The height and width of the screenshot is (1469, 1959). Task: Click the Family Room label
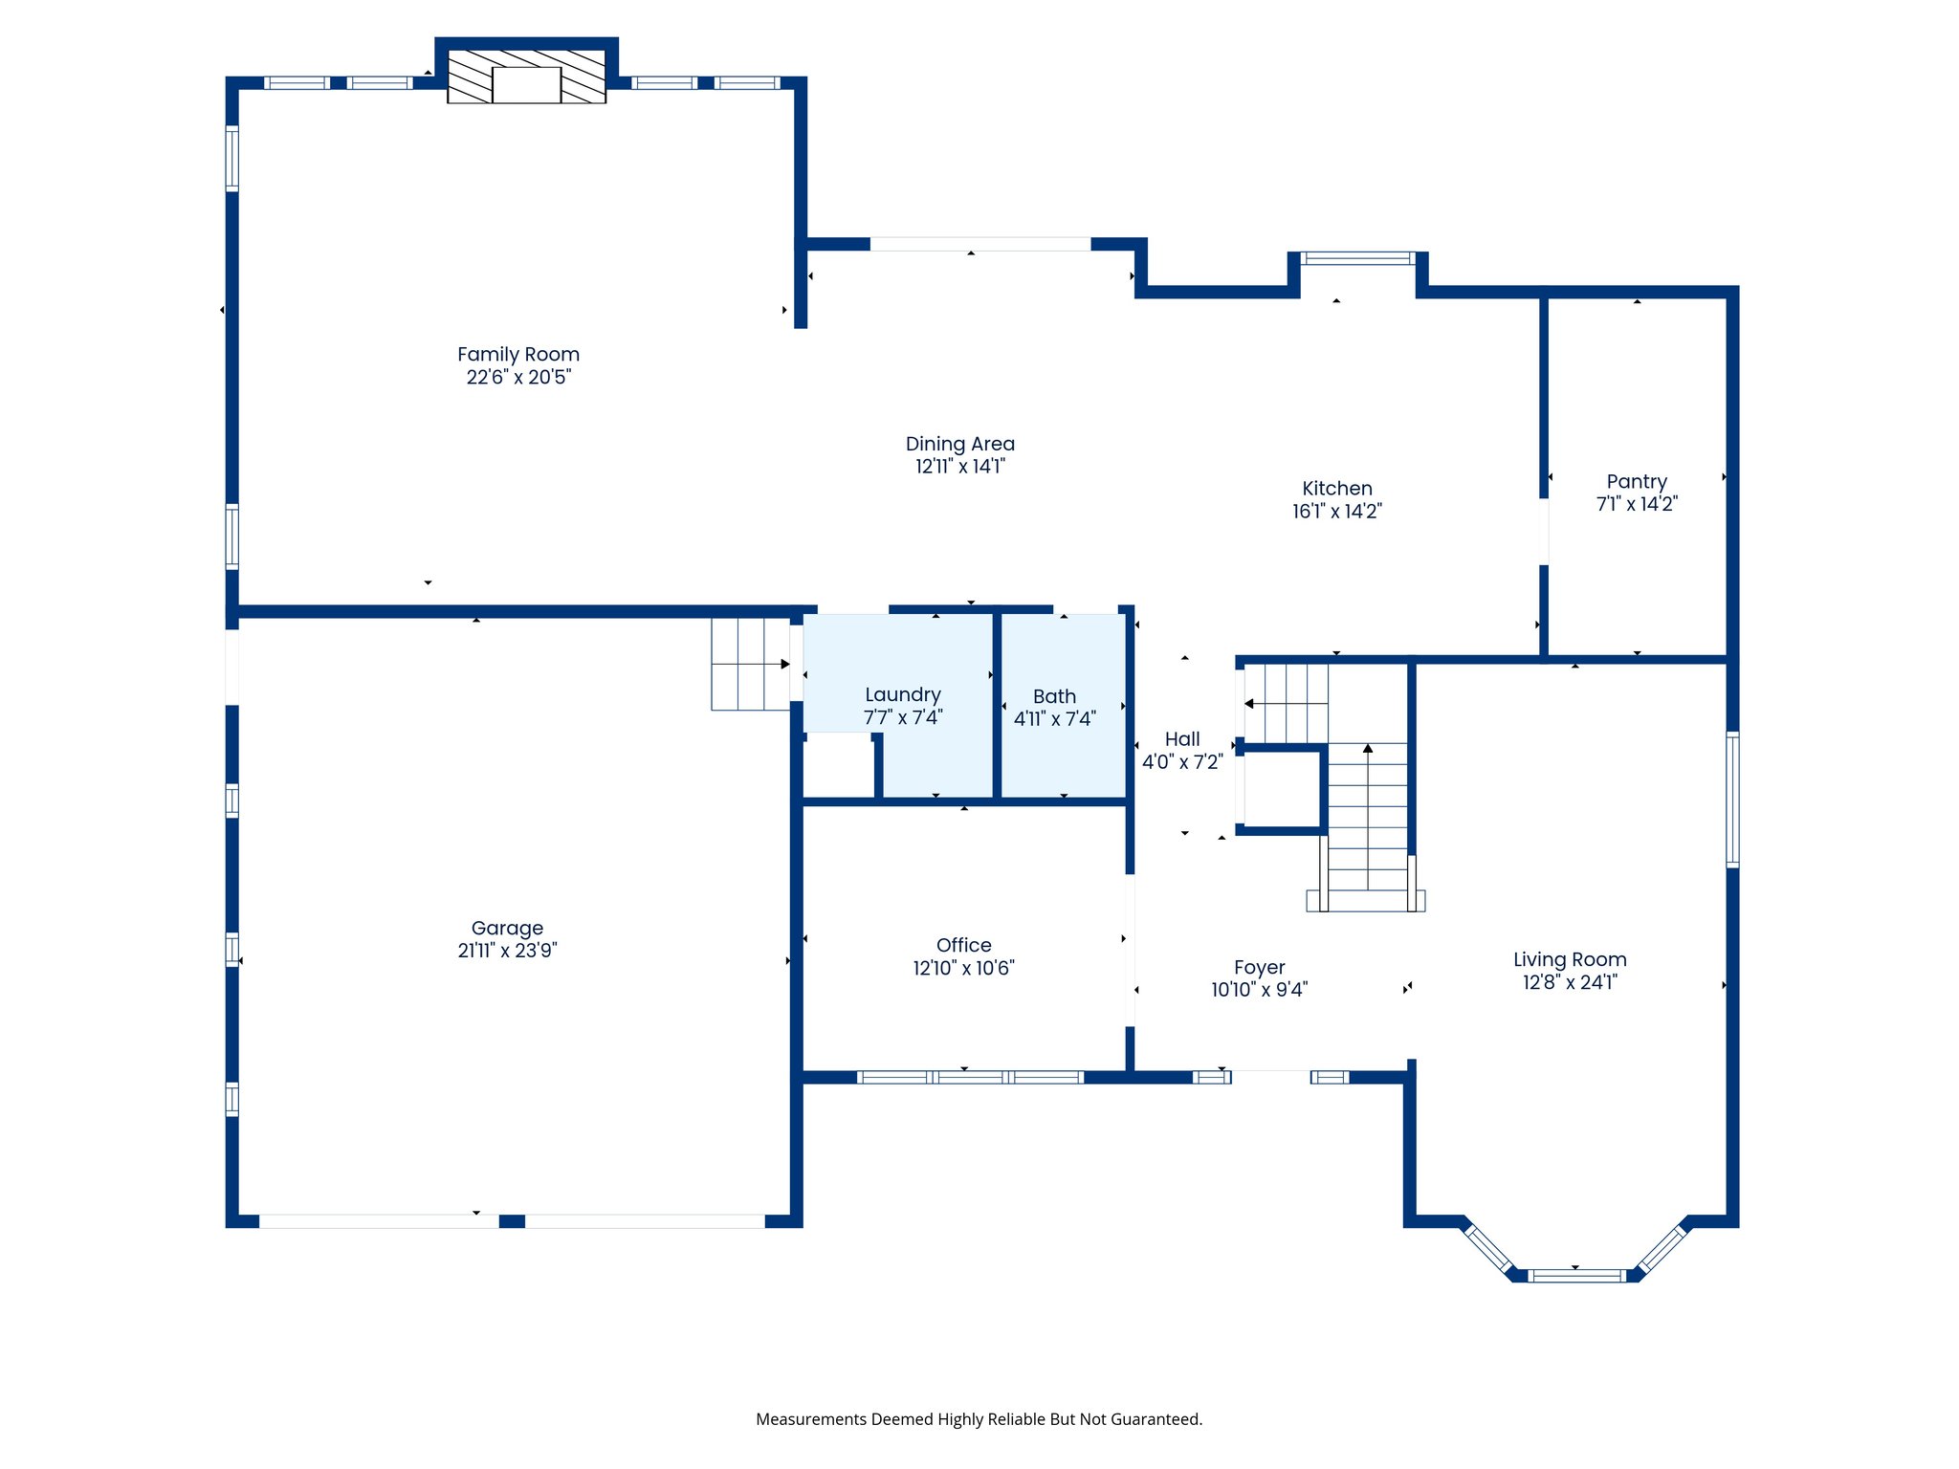[x=517, y=355]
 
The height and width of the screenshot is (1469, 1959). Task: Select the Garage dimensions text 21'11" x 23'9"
[x=507, y=951]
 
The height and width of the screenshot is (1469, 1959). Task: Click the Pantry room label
[x=1636, y=482]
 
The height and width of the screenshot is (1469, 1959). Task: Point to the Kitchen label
[x=1336, y=489]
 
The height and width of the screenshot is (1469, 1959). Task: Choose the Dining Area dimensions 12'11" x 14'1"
[x=959, y=467]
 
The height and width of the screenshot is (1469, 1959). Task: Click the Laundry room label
[x=902, y=695]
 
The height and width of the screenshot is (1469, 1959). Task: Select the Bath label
[x=1054, y=697]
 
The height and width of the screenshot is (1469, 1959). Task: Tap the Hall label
[x=1182, y=739]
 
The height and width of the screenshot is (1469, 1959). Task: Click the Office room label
[x=963, y=945]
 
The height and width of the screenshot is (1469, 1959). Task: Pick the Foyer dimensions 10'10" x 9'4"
[x=1259, y=990]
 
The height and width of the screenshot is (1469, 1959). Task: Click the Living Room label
[x=1569, y=959]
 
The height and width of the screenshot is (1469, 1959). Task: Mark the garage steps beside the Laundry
[x=750, y=664]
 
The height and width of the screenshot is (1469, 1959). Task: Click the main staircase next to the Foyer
[x=1367, y=822]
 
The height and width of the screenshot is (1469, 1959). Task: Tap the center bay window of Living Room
[x=1575, y=1275]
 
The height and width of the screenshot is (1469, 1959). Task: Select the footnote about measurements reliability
[x=979, y=1419]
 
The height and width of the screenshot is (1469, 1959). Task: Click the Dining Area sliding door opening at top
[x=979, y=245]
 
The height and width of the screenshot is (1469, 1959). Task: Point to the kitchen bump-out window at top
[x=1356, y=258]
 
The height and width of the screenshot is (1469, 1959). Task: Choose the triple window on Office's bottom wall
[x=970, y=1077]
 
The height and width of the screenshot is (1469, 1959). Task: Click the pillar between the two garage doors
[x=512, y=1221]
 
